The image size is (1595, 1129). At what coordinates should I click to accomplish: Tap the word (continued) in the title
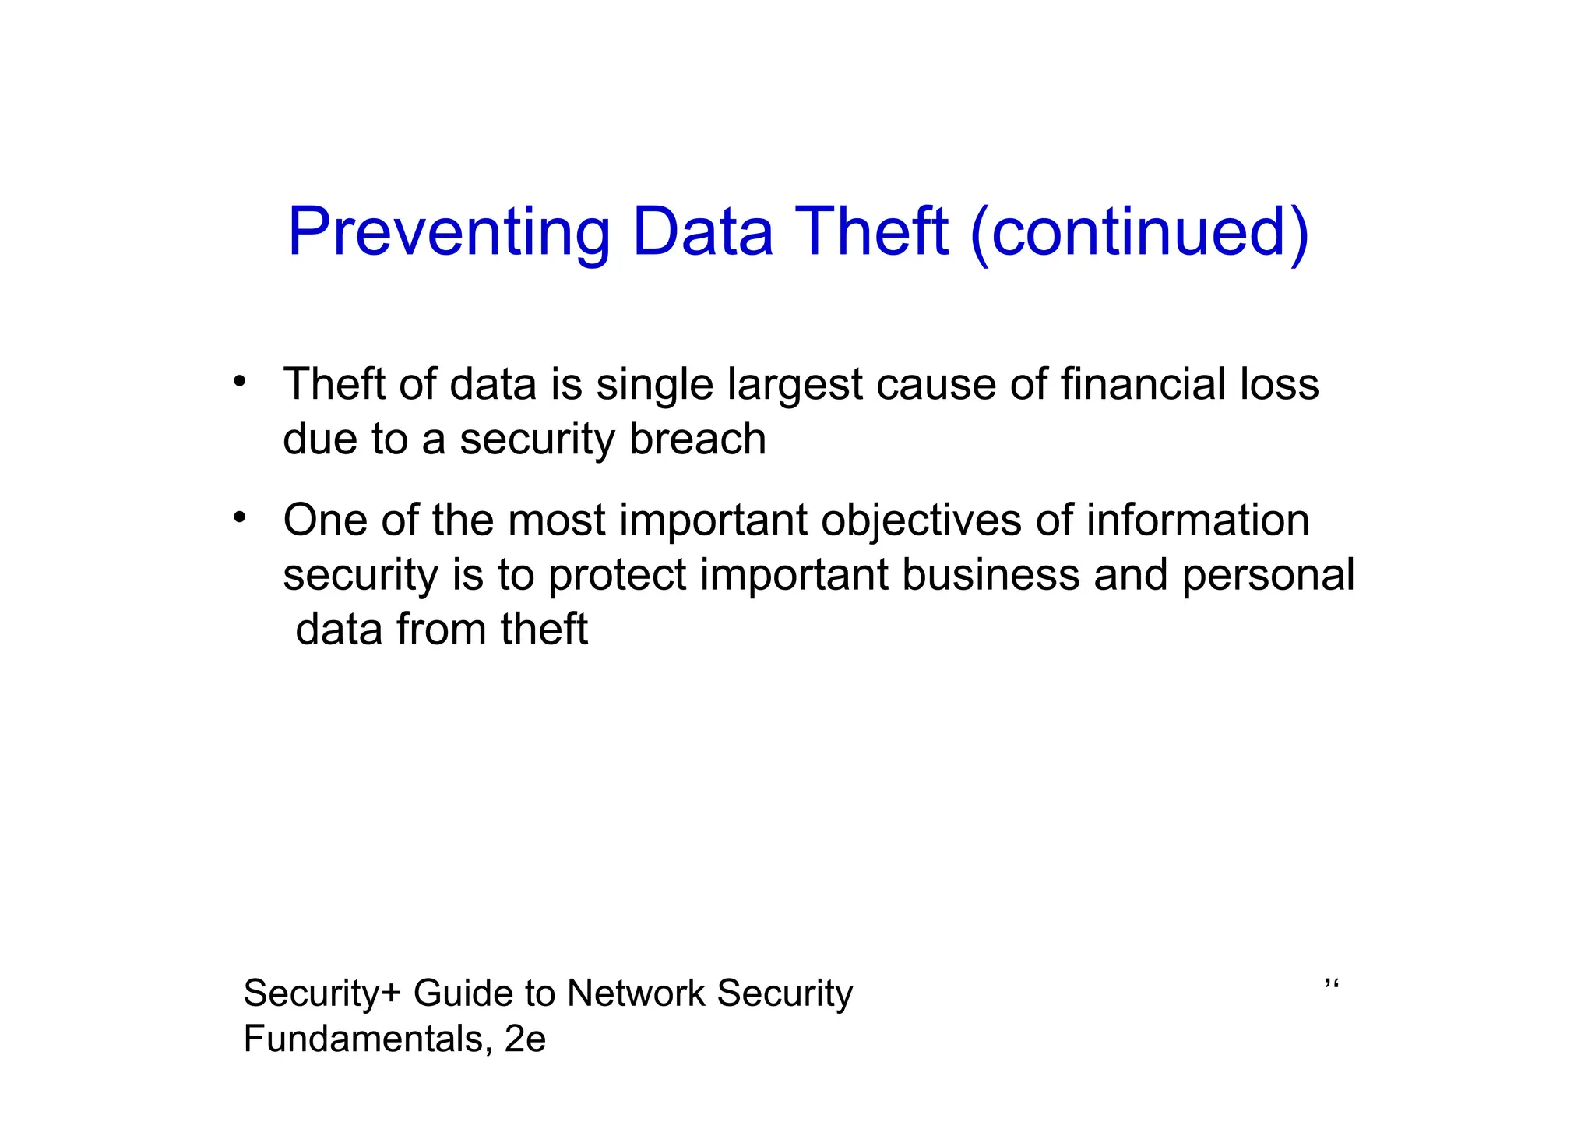[x=1139, y=232]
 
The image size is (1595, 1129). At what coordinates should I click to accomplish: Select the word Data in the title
[x=702, y=232]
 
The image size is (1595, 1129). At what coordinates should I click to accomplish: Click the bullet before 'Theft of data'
[x=240, y=382]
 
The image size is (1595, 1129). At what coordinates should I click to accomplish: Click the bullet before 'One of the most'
[x=240, y=517]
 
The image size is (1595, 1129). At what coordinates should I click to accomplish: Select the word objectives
[x=921, y=520]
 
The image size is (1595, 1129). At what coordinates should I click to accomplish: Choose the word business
[x=991, y=574]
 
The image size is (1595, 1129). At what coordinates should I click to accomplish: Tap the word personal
[x=1268, y=576]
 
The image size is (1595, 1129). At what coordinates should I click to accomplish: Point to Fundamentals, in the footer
[x=367, y=1039]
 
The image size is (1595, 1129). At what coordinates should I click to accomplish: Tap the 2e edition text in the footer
[x=525, y=1039]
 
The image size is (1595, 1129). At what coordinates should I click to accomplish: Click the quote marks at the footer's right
[x=1331, y=986]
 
